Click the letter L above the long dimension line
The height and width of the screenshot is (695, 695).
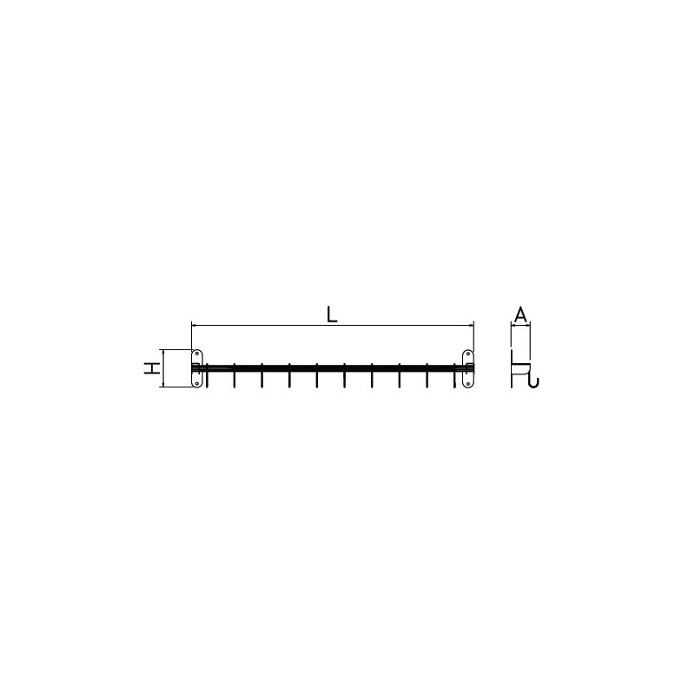click(x=332, y=314)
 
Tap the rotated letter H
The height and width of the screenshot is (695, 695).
click(x=152, y=367)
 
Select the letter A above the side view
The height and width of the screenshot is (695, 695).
click(x=520, y=314)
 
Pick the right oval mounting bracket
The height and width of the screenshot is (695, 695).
click(x=468, y=368)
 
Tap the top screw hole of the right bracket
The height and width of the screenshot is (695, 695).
click(x=468, y=354)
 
